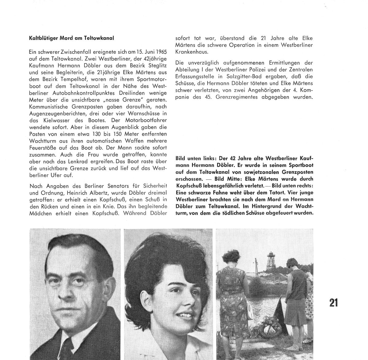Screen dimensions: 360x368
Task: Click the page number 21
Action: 334,302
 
